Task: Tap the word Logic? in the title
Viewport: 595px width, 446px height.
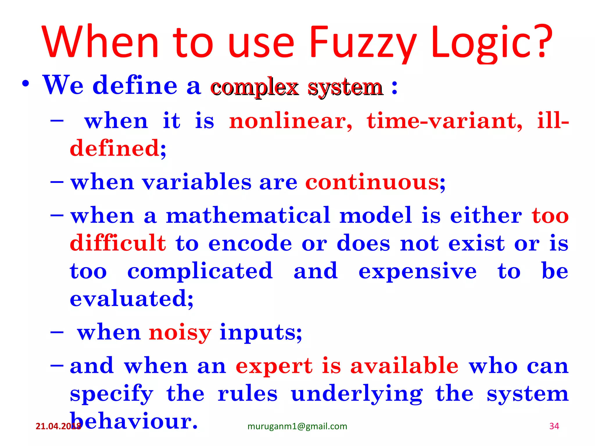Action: tap(491, 43)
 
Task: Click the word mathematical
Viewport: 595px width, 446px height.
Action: tap(248, 215)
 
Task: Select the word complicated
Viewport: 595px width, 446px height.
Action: tap(200, 271)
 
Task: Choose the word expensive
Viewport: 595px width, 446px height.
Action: tap(417, 271)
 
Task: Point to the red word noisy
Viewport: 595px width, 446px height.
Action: tap(180, 332)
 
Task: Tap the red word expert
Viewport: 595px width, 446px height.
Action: tap(274, 366)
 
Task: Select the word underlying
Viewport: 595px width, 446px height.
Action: tap(357, 394)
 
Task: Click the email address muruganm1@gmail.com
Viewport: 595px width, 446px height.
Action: tap(297, 426)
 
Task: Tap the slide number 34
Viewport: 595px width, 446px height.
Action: tap(554, 426)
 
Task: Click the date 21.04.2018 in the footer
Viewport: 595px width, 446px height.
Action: tap(58, 426)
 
